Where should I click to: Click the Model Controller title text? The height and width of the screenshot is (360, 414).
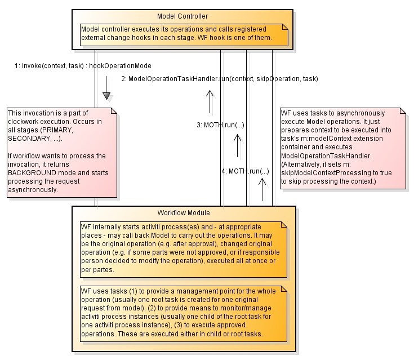182,15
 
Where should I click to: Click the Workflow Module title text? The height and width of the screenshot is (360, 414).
183,213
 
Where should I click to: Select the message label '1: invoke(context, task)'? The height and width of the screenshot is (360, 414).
50,66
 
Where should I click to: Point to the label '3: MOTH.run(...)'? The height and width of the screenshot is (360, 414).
220,125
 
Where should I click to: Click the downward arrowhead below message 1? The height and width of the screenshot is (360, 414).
106,95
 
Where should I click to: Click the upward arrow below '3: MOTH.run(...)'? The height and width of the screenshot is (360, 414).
237,146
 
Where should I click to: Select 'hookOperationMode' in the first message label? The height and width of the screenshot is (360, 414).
120,66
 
